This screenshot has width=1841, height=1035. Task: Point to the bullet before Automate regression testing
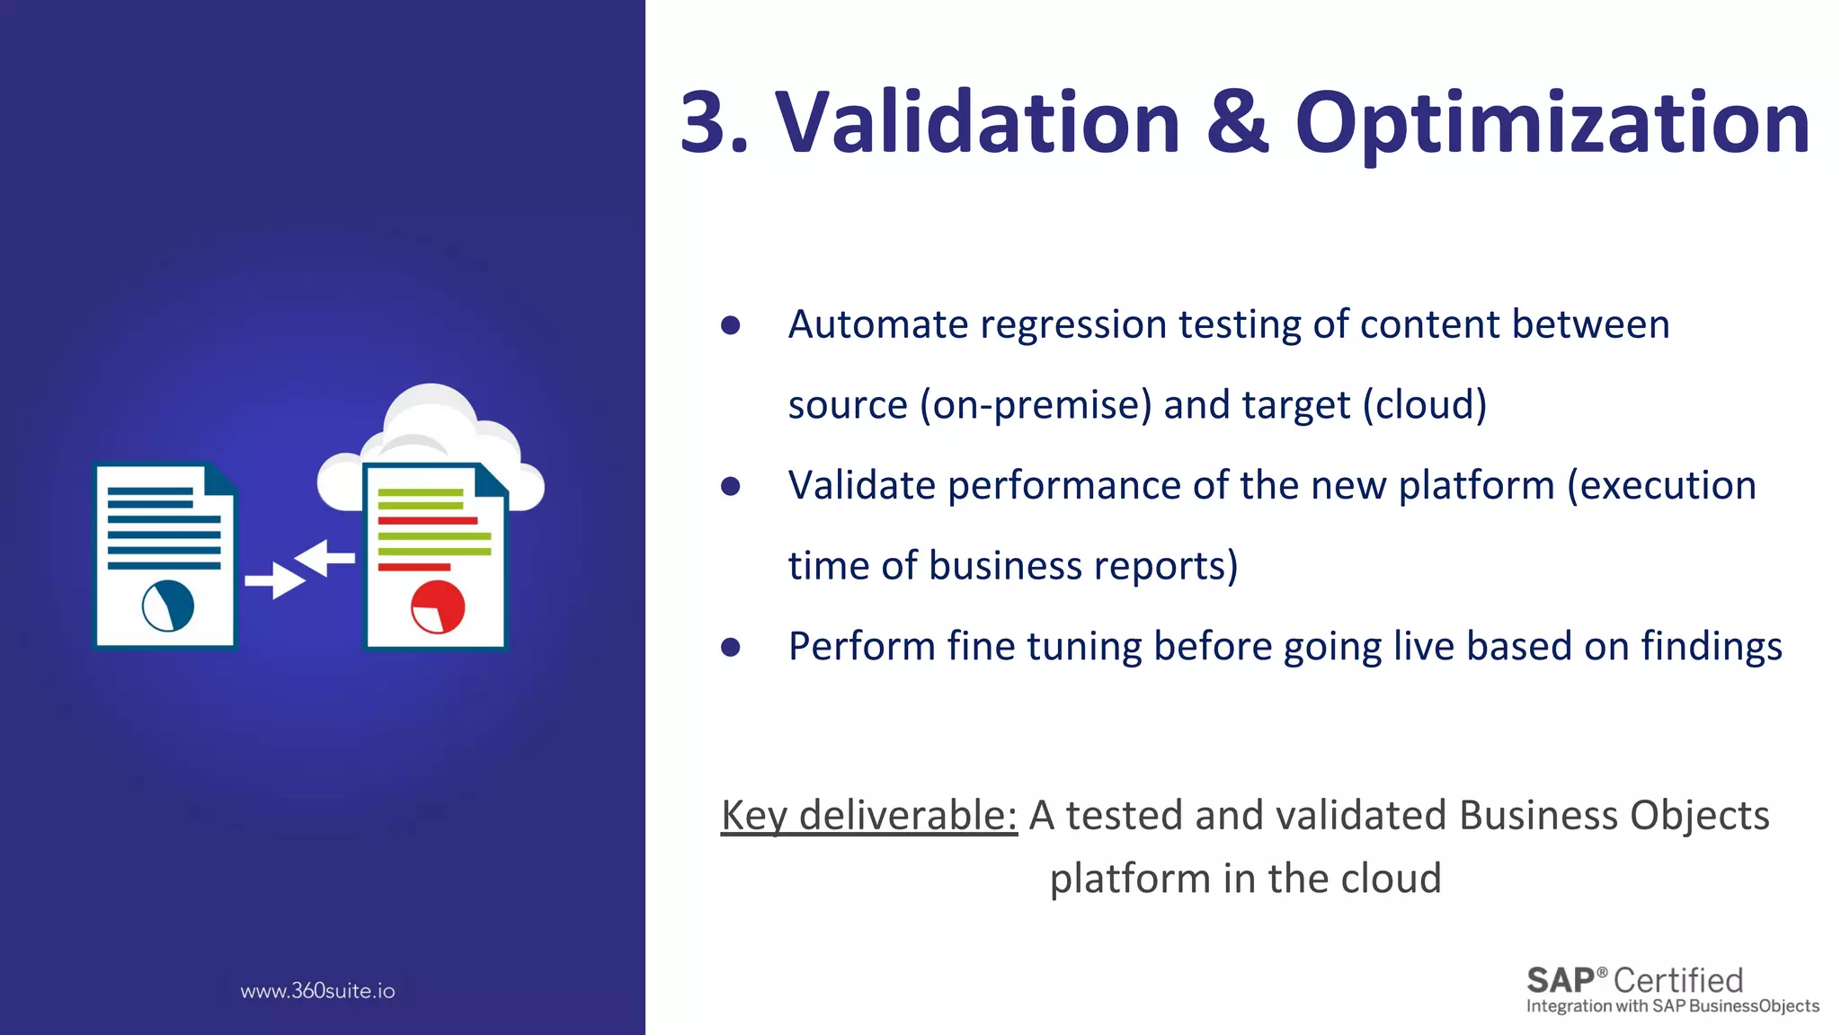730,325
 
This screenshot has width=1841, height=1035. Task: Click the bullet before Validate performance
730,486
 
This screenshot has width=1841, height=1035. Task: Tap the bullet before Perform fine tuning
730,647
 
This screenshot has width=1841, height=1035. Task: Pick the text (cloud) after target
1424,405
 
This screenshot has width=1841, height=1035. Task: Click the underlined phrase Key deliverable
868,816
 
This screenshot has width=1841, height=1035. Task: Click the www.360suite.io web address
317,991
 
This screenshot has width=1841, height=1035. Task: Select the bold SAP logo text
1561,979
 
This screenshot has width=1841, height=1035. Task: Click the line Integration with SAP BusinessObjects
1672,1006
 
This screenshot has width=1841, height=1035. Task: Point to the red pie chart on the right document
438,606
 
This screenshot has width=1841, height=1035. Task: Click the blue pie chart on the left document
168,605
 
